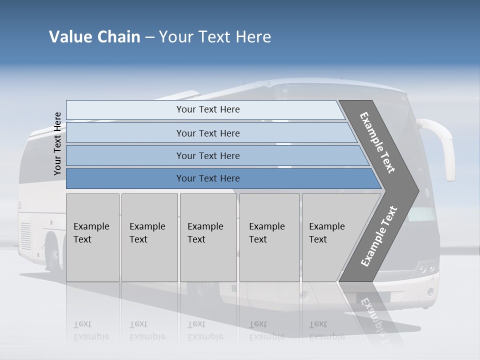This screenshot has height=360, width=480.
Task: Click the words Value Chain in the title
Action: [94, 37]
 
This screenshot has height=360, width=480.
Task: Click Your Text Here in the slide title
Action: [215, 37]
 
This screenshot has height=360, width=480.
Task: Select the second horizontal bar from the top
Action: [208, 133]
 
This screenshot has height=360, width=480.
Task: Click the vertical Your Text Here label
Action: [57, 143]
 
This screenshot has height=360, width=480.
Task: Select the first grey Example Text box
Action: [92, 237]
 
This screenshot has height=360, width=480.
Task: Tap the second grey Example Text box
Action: [149, 237]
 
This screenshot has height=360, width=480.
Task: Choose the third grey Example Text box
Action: [208, 237]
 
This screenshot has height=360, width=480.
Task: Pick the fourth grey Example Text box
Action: [269, 237]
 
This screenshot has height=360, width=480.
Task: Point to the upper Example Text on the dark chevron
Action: [377, 142]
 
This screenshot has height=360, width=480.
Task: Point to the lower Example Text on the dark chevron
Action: [378, 236]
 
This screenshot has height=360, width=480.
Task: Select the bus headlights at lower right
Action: [426, 268]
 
